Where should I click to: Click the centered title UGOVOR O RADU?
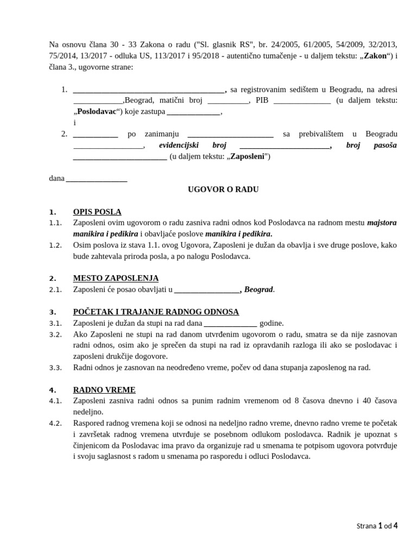coord(223,189)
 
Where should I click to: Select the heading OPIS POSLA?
coord(97,212)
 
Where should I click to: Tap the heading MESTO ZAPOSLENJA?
coord(116,278)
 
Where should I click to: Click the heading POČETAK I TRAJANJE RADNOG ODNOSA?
coord(156,312)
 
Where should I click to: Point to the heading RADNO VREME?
coord(104,390)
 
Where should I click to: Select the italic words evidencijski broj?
coord(192,145)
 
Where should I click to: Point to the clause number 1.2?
coord(55,245)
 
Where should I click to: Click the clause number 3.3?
coord(55,368)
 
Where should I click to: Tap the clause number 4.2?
coord(55,423)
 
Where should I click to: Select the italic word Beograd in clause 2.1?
coord(259,290)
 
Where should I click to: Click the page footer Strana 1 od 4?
coord(377,526)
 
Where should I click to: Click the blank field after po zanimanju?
coord(230,135)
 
